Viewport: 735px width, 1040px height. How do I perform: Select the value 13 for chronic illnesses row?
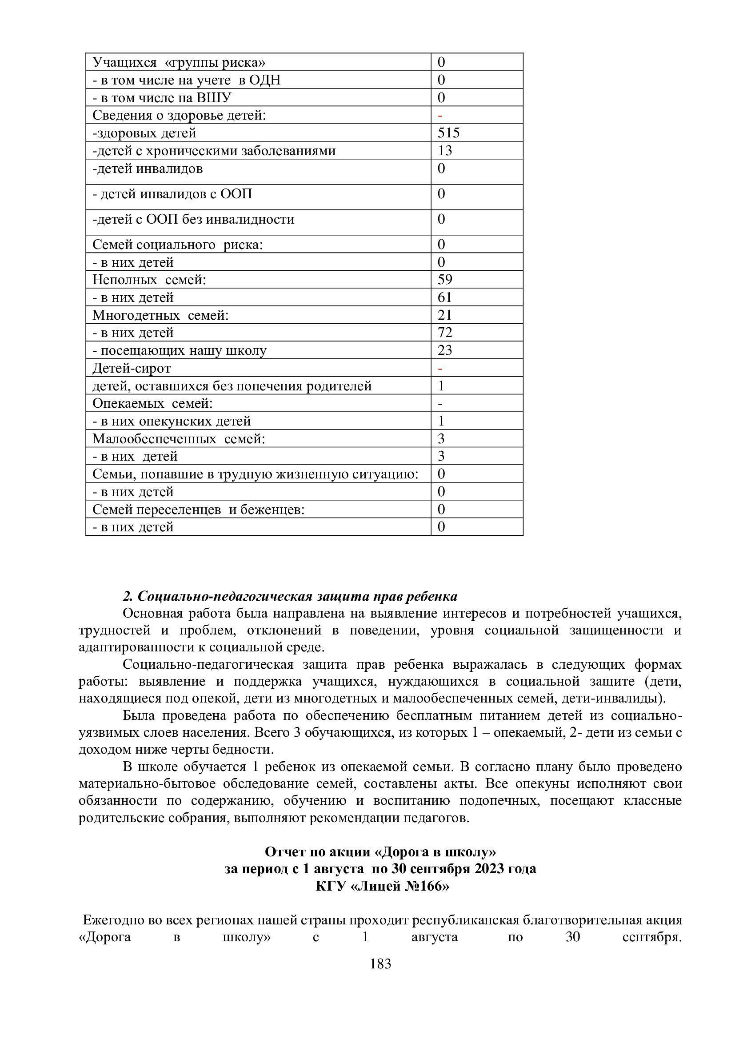[444, 150]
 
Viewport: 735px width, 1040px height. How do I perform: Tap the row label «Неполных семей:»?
[149, 280]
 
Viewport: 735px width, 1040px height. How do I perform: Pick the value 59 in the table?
[444, 280]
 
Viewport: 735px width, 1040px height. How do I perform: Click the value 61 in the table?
[444, 297]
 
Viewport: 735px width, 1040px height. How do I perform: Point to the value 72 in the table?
[444, 333]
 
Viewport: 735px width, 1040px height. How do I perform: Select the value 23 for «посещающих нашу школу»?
[444, 350]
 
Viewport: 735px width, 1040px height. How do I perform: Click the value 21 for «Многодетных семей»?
[444, 315]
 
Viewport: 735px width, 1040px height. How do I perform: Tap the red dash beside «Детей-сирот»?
[440, 369]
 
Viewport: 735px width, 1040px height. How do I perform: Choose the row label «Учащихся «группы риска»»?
[179, 62]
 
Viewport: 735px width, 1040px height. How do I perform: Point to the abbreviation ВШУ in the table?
[214, 97]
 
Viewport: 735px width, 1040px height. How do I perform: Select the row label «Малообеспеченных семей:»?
[179, 438]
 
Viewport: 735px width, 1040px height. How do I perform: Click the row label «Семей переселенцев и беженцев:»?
[198, 509]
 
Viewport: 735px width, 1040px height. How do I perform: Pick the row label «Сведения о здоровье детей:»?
[179, 115]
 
